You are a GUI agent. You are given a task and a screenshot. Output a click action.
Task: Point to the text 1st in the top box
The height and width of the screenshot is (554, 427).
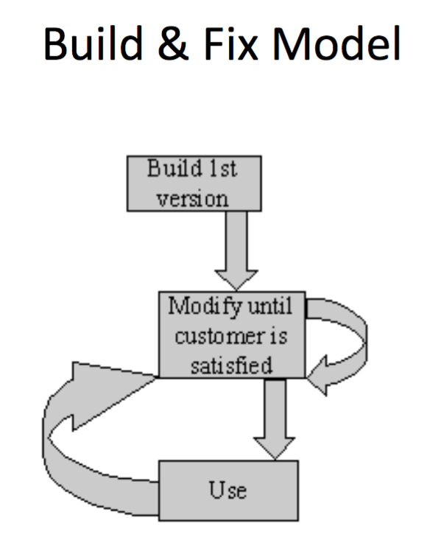pyautogui.click(x=224, y=170)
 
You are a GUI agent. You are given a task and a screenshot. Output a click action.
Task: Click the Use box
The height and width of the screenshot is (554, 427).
pyautogui.click(x=228, y=490)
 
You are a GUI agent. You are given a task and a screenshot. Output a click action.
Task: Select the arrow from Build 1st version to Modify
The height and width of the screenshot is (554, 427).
pyautogui.click(x=236, y=250)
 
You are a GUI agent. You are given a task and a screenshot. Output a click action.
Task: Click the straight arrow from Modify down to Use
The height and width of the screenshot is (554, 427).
pyautogui.click(x=276, y=416)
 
